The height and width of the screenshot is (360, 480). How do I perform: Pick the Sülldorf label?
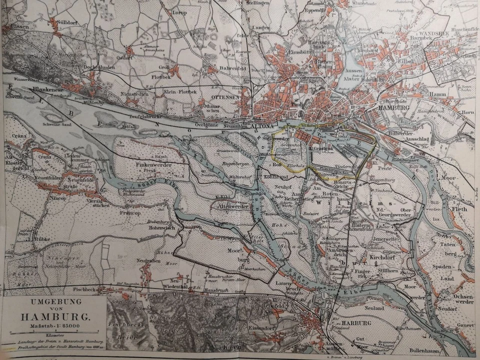tap(69, 22)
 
